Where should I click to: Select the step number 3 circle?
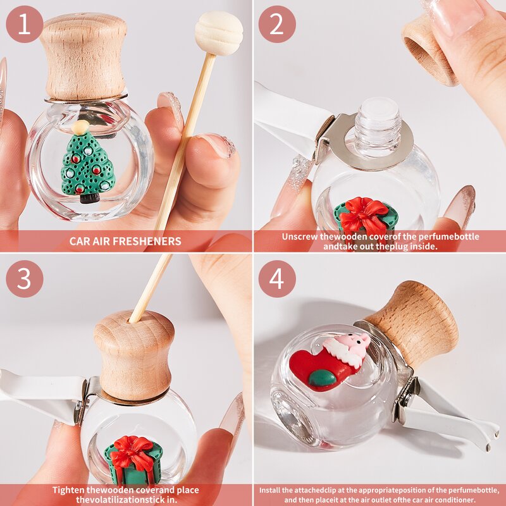pyautogui.click(x=25, y=278)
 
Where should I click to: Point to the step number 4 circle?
pyautogui.click(x=277, y=278)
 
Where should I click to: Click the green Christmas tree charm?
pyautogui.click(x=87, y=166)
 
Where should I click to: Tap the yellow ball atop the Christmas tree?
pyautogui.click(x=80, y=127)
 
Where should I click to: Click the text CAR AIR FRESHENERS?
pyautogui.click(x=125, y=241)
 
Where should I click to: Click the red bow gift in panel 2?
pyautogui.click(x=365, y=216)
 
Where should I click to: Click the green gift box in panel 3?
pyautogui.click(x=133, y=462)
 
